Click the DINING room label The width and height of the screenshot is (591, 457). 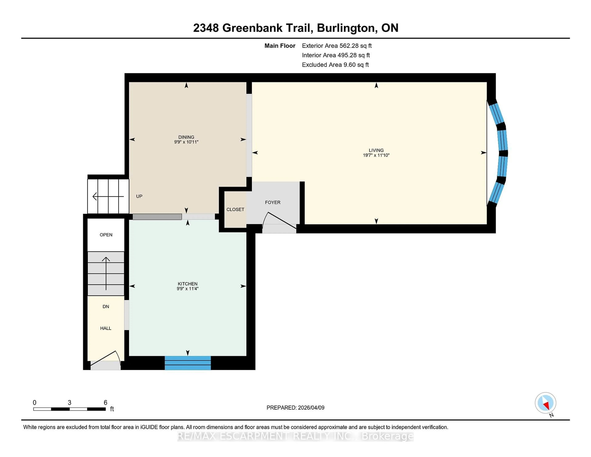click(186, 137)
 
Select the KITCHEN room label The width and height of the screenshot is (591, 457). click(187, 284)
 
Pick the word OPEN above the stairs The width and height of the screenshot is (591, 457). click(106, 235)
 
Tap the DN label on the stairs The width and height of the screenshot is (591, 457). click(106, 306)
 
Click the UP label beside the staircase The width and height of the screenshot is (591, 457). click(139, 196)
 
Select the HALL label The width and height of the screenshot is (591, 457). click(106, 328)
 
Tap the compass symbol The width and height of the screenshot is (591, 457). click(545, 403)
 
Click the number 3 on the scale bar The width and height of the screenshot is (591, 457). click(70, 403)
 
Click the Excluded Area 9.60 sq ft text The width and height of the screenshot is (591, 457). click(335, 65)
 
